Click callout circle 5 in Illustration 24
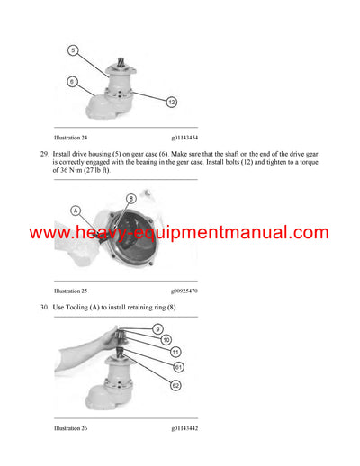click(73, 49)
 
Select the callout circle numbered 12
click(170, 103)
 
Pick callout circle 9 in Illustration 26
click(158, 330)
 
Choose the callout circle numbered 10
click(165, 341)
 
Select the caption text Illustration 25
click(73, 291)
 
